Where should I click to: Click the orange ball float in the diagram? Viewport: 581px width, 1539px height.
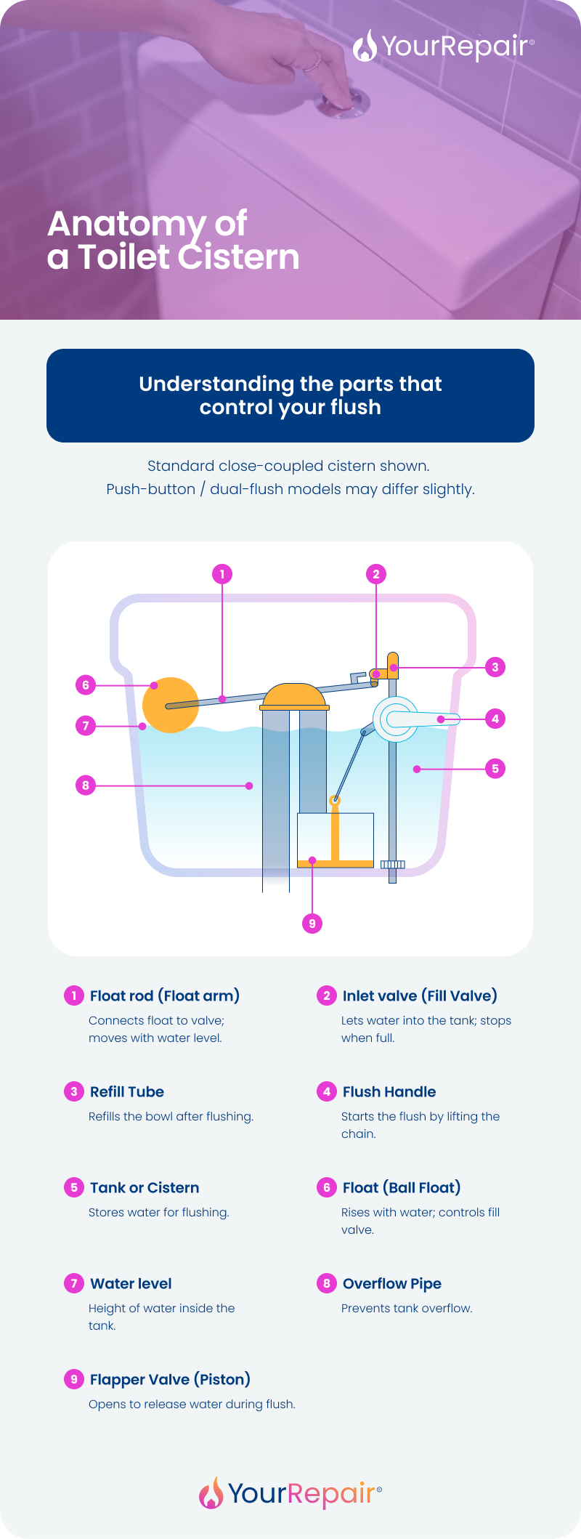pos(170,705)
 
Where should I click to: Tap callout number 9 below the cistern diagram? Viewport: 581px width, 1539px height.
pos(312,924)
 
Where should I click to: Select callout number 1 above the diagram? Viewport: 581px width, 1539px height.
pos(222,574)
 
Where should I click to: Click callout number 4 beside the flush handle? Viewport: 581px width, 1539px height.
pos(495,719)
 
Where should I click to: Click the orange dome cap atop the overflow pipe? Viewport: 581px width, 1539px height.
pos(294,696)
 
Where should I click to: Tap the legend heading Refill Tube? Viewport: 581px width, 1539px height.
pos(126,1091)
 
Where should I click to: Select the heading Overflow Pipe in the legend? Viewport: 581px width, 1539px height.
pos(391,1283)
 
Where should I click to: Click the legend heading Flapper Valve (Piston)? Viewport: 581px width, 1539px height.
pos(170,1379)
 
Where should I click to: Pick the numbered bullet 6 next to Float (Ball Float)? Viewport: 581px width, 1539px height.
pos(327,1187)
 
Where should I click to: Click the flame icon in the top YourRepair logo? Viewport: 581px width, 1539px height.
pos(365,46)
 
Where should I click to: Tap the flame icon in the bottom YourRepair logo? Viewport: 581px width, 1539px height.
pos(211,1493)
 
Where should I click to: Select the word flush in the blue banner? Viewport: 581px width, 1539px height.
pos(355,407)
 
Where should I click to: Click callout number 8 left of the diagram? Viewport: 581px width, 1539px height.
pos(86,785)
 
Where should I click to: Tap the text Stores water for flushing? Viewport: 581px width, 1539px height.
pos(158,1212)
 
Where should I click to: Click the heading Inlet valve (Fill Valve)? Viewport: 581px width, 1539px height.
pos(420,995)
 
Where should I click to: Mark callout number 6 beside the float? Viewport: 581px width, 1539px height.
pos(86,684)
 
